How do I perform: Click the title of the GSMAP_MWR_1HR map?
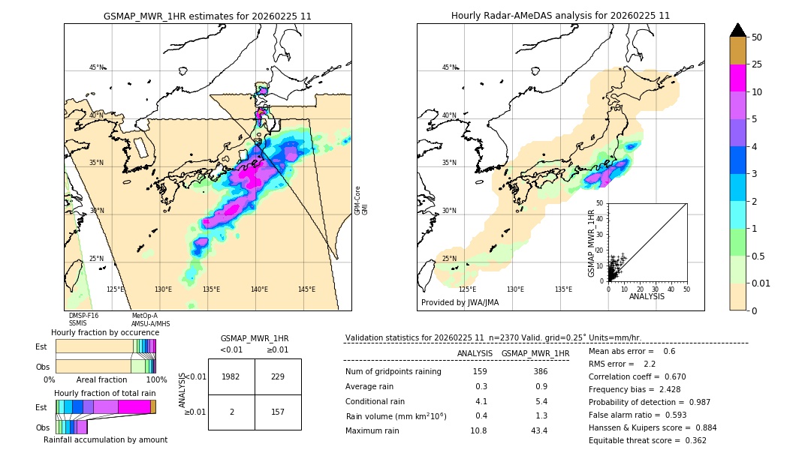[x=207, y=16]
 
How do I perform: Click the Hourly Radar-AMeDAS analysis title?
[x=560, y=16]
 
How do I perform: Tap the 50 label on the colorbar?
[x=757, y=37]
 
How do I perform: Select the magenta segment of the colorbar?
[x=737, y=78]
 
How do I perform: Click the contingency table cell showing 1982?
[x=231, y=376]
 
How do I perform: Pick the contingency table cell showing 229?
[x=278, y=376]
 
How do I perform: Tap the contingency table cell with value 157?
[x=278, y=412]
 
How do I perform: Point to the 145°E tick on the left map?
[x=306, y=289]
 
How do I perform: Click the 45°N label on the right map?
[x=449, y=67]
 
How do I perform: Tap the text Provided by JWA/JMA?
[x=460, y=302]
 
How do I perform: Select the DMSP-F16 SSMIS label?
[x=83, y=319]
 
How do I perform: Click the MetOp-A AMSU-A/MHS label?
[x=150, y=319]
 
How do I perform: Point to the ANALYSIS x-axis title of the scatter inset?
[x=647, y=296]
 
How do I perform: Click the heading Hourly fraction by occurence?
[x=105, y=332]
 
